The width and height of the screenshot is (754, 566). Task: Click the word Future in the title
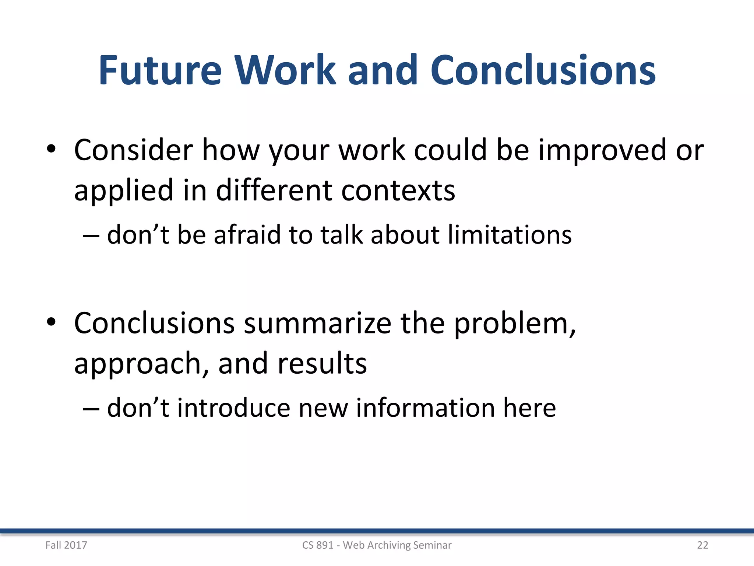point(161,70)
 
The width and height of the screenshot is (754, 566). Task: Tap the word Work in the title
point(286,70)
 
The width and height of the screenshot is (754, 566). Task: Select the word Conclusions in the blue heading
point(543,70)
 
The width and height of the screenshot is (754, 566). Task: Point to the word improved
point(602,151)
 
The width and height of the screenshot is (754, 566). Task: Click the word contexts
point(398,191)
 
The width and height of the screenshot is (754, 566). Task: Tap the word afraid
point(247,235)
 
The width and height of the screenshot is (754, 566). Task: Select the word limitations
point(510,235)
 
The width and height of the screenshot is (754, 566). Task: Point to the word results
point(322,363)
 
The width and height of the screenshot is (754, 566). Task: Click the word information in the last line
point(425,408)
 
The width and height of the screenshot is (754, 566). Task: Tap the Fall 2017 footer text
point(66,545)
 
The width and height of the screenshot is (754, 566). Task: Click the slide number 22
point(702,545)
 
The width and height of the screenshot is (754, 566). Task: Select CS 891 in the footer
point(317,545)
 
